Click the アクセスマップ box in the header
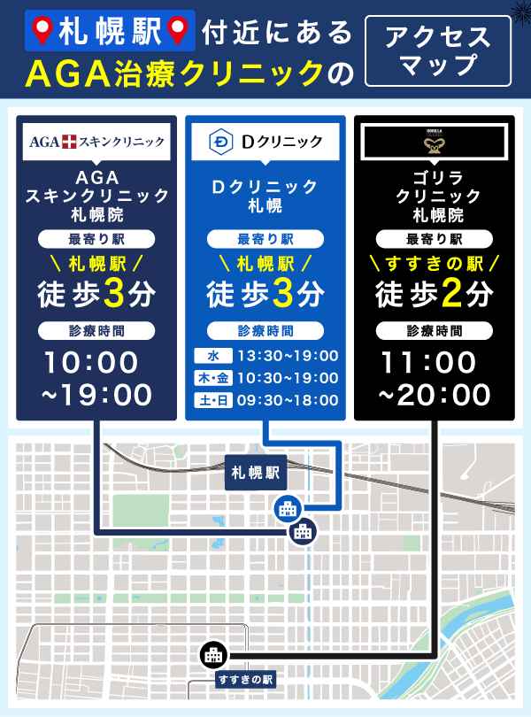click(x=438, y=50)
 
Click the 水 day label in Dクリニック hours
click(x=212, y=357)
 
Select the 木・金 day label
click(x=212, y=378)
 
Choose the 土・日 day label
click(x=212, y=400)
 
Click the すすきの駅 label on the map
click(x=245, y=680)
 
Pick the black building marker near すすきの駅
click(x=213, y=656)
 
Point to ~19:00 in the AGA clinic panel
click(x=97, y=393)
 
